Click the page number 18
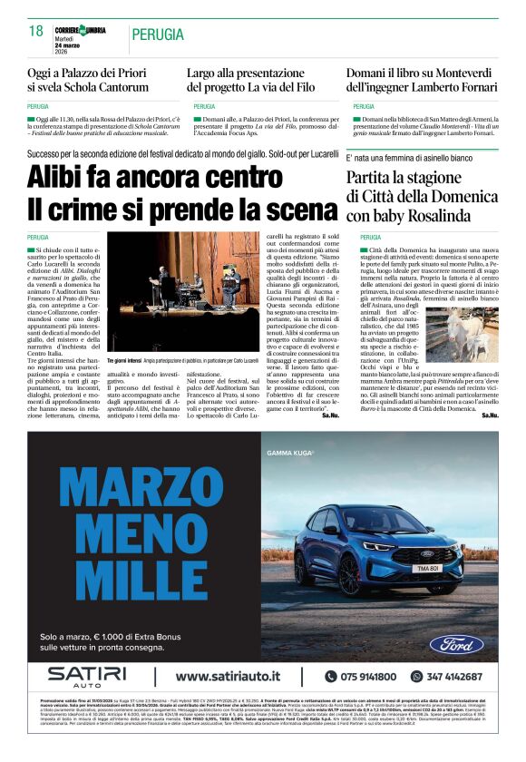[35, 32]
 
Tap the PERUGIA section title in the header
[162, 34]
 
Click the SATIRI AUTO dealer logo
[87, 677]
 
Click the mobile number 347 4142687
[453, 677]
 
